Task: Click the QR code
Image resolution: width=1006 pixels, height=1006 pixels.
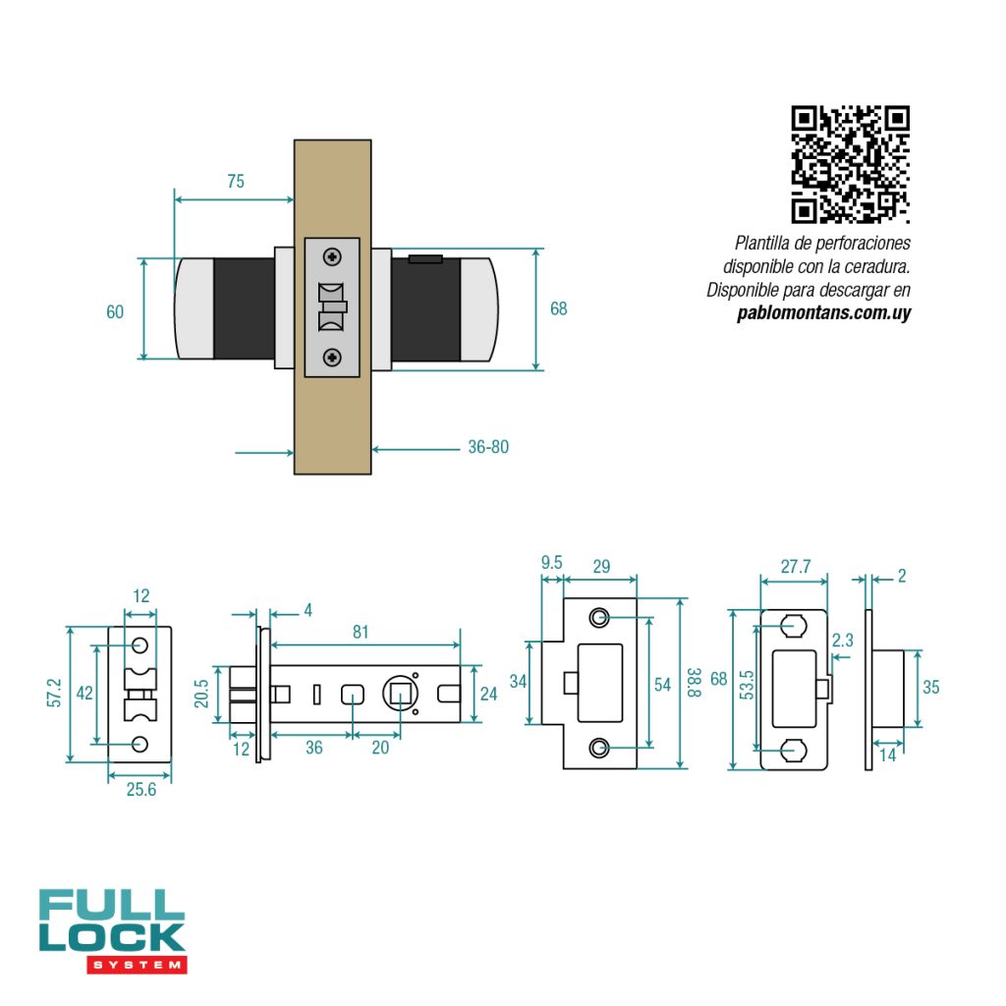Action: [850, 164]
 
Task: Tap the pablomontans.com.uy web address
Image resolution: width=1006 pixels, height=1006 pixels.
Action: [824, 313]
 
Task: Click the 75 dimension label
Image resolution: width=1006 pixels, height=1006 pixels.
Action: [236, 182]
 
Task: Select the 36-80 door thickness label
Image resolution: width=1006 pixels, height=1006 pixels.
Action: [488, 447]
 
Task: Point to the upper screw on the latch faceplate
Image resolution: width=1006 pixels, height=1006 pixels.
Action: [332, 257]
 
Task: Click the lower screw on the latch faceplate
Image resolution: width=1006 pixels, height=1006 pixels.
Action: [332, 358]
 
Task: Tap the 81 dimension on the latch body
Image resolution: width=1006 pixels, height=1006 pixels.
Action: [361, 632]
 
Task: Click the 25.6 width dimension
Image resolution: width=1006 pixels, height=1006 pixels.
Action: [141, 789]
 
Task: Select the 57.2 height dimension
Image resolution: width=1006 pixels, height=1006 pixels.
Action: [54, 693]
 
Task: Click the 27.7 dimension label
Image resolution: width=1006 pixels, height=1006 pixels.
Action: [796, 567]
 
